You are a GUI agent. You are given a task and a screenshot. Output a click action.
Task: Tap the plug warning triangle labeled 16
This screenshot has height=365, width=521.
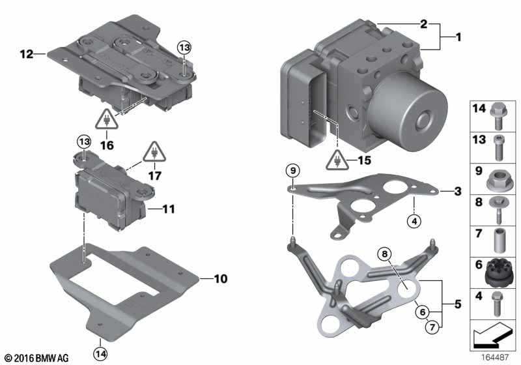click(x=107, y=119)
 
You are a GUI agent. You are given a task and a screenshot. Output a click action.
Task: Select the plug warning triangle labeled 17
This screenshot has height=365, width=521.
click(x=154, y=152)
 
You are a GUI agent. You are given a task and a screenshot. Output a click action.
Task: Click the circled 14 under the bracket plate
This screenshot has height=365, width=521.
click(x=100, y=354)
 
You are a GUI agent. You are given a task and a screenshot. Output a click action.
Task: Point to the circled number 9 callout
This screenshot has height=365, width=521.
click(x=292, y=171)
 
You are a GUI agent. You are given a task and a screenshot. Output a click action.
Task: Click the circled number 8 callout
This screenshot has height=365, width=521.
click(x=384, y=254)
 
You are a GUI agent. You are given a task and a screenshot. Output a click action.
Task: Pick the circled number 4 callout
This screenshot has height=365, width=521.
click(x=414, y=221)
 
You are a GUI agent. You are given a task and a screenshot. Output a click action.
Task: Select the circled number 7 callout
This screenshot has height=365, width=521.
click(x=432, y=327)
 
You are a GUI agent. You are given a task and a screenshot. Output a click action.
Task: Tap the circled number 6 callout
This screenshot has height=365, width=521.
click(x=422, y=312)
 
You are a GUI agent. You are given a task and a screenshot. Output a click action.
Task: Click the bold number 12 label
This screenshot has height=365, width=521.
click(x=27, y=54)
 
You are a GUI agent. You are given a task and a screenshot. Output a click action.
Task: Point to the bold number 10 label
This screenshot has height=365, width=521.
click(x=221, y=278)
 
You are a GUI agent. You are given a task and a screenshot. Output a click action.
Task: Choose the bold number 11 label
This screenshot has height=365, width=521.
click(x=169, y=209)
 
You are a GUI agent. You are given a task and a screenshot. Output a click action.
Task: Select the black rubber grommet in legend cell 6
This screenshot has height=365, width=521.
click(x=497, y=273)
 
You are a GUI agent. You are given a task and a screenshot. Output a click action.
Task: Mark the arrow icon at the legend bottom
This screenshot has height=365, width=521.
click(x=493, y=335)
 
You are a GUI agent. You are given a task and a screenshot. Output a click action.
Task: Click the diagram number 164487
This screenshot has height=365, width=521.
click(x=494, y=357)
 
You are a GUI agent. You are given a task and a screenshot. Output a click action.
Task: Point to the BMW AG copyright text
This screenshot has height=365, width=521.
click(x=37, y=358)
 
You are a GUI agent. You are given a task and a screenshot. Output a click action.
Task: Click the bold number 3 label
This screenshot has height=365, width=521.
click(x=458, y=192)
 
